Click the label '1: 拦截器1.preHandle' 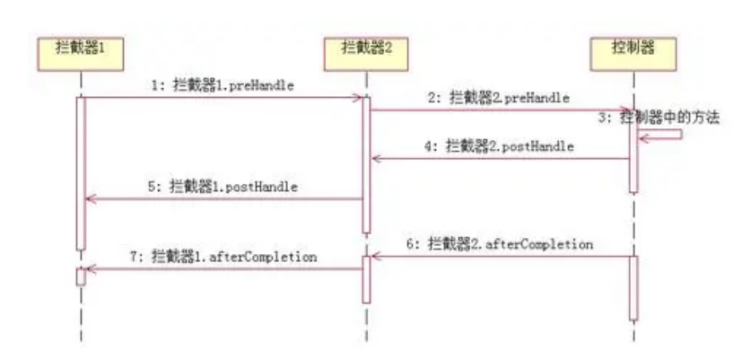223,85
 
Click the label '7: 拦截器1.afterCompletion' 223,256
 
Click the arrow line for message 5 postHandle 224,199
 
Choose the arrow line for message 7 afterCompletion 224,268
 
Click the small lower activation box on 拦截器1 81,277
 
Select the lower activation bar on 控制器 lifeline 633,287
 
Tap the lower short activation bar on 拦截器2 366,279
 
